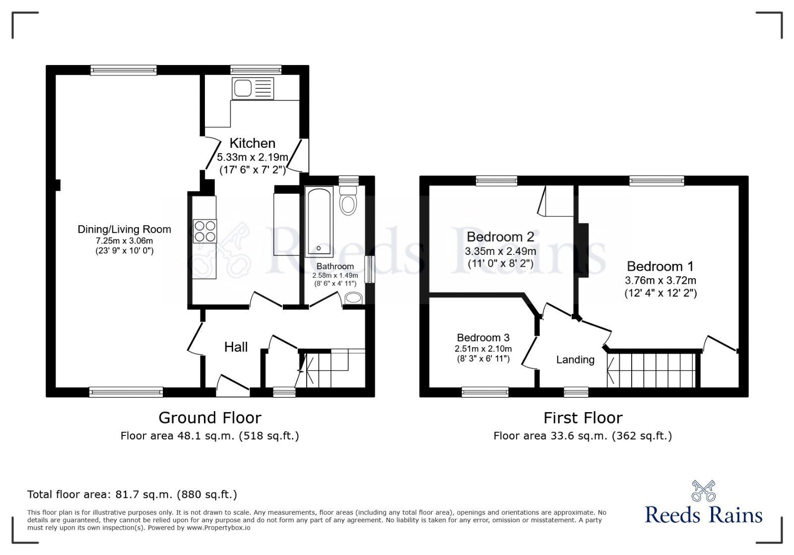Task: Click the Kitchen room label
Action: click(x=253, y=143)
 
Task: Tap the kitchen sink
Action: click(x=253, y=89)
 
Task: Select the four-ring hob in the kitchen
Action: click(x=205, y=231)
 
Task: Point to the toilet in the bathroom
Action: click(x=348, y=201)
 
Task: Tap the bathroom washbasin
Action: click(x=353, y=298)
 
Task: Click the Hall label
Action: click(x=236, y=347)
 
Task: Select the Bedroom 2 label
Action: click(x=500, y=237)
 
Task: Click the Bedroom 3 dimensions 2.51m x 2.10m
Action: click(x=483, y=349)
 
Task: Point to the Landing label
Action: click(x=575, y=360)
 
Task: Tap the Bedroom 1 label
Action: click(x=660, y=266)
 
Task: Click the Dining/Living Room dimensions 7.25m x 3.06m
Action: click(x=125, y=241)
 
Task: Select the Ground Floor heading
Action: click(x=210, y=418)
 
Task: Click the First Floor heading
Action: click(x=583, y=418)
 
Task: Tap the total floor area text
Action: click(x=132, y=494)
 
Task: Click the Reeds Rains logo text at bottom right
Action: click(x=704, y=515)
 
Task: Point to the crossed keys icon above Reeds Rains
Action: click(x=704, y=491)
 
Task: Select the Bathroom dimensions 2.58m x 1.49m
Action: click(x=335, y=275)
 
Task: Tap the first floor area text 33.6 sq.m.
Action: click(x=583, y=435)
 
